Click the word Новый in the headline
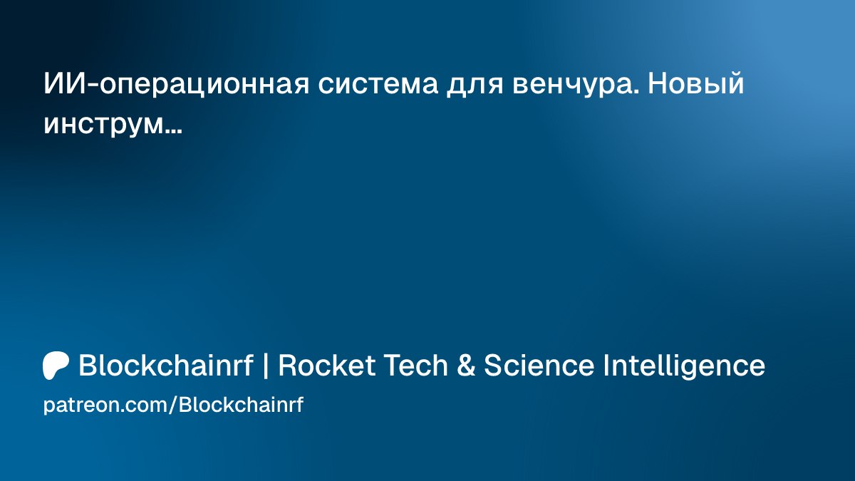696,83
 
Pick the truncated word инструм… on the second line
113,126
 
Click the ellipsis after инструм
174,132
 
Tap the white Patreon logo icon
56,366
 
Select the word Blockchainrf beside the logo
166,365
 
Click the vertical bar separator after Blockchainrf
266,366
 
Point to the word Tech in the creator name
415,365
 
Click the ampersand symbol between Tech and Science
466,366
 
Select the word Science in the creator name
539,365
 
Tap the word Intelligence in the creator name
684,366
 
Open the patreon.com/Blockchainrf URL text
173,405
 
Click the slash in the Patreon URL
173,405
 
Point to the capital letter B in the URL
185,405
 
